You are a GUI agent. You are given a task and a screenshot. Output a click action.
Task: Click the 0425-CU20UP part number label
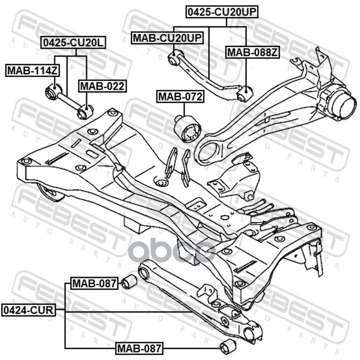tap(222, 12)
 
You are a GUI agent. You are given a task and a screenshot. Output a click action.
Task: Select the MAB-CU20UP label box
tap(167, 38)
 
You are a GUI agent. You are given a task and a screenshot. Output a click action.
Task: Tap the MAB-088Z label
tap(252, 52)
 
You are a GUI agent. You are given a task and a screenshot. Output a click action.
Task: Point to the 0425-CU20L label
tap(73, 42)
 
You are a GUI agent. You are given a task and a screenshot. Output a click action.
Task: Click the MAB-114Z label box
tap(32, 71)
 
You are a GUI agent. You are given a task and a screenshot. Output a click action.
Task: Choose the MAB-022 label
tap(103, 86)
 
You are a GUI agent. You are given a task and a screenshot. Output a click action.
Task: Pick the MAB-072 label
tap(180, 96)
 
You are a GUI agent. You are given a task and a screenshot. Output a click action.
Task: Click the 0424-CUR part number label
tap(28, 310)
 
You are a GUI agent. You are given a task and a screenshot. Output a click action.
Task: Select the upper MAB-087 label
tap(94, 283)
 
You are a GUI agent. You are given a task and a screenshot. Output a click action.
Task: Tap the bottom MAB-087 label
tap(139, 348)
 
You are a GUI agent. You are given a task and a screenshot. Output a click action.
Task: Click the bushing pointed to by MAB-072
tap(188, 128)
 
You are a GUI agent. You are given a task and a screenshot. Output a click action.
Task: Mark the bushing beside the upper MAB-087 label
tap(129, 282)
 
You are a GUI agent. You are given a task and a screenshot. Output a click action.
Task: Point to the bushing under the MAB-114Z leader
tap(53, 91)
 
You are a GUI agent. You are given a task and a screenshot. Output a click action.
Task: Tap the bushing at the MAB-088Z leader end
tap(244, 94)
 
